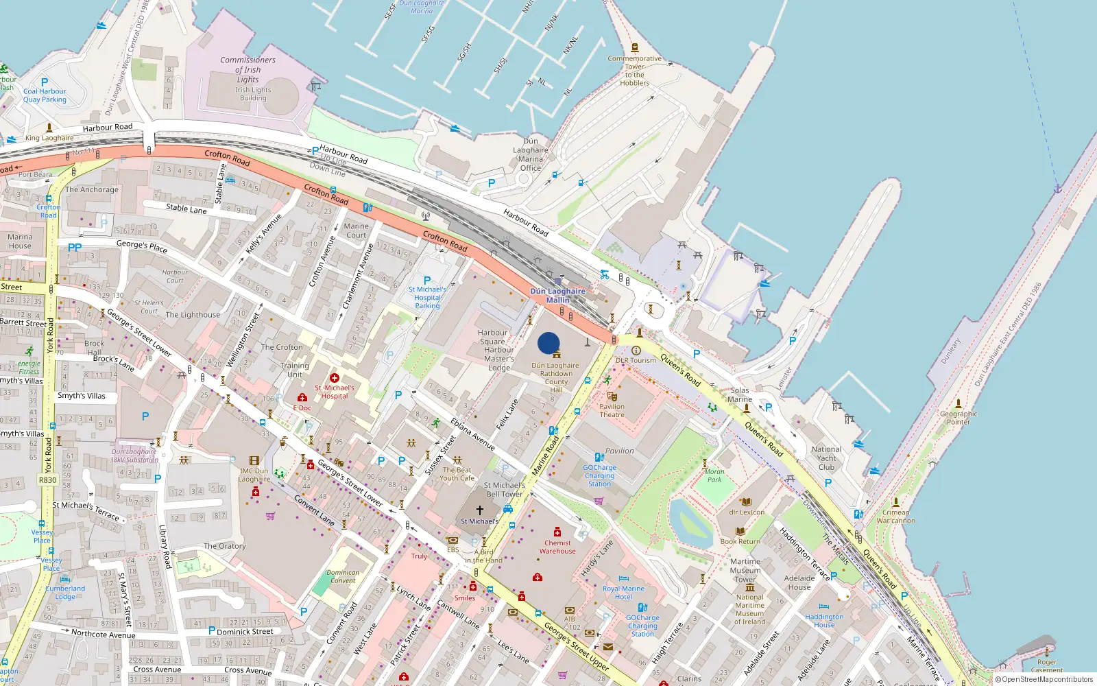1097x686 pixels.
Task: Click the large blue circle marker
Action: click(x=548, y=343)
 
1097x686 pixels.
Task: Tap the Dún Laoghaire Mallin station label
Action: click(x=557, y=296)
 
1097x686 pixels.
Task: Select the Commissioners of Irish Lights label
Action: click(x=248, y=69)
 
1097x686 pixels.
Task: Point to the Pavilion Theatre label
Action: click(x=612, y=410)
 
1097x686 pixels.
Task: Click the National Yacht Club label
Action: click(x=826, y=458)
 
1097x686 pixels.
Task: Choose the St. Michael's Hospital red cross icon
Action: click(x=335, y=378)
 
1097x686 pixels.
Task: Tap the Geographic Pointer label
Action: click(x=959, y=418)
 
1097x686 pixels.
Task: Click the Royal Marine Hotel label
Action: click(x=623, y=593)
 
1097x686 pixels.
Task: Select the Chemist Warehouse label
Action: click(x=557, y=547)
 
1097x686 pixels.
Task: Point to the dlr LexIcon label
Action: click(x=747, y=512)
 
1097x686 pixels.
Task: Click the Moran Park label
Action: click(x=714, y=475)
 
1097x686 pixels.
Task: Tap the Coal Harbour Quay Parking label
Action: click(x=45, y=95)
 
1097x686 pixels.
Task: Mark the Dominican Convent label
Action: click(x=343, y=576)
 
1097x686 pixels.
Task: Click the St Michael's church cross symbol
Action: click(x=480, y=510)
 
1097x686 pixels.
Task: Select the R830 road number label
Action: click(x=48, y=480)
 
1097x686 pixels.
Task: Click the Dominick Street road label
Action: click(x=245, y=632)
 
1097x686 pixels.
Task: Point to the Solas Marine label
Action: click(x=740, y=394)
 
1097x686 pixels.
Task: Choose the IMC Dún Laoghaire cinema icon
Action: click(x=254, y=461)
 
